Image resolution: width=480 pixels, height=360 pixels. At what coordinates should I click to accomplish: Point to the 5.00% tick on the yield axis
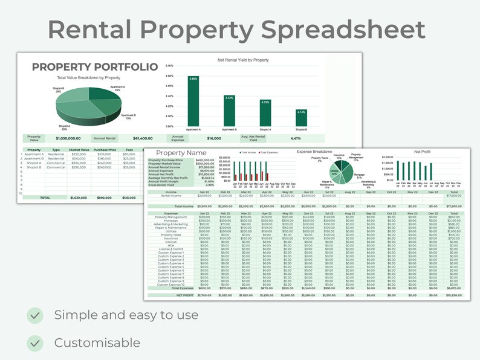point(169,66)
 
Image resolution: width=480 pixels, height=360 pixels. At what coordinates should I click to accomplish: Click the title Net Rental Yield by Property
point(243,60)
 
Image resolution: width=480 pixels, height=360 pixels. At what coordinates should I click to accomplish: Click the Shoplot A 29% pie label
point(64,127)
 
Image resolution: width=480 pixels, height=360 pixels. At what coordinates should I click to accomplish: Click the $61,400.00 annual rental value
point(143,138)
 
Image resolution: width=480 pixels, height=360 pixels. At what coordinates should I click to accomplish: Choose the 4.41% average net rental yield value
point(296,138)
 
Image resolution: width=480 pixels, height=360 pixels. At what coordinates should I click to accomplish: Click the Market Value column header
point(79,150)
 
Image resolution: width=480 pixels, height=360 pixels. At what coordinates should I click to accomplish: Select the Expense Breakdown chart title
point(314,152)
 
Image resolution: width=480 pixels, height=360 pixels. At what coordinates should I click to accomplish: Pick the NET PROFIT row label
point(184,295)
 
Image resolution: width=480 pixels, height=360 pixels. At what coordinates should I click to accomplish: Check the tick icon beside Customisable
point(35,343)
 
